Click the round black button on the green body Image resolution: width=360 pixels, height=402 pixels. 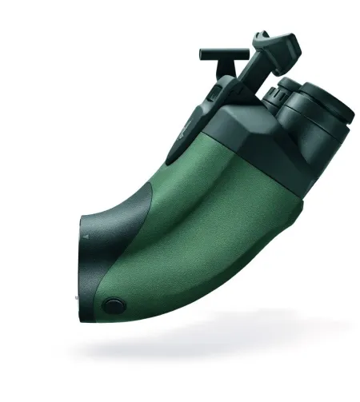(x=114, y=304)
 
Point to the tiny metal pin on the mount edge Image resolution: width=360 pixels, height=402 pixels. (x=77, y=299)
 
